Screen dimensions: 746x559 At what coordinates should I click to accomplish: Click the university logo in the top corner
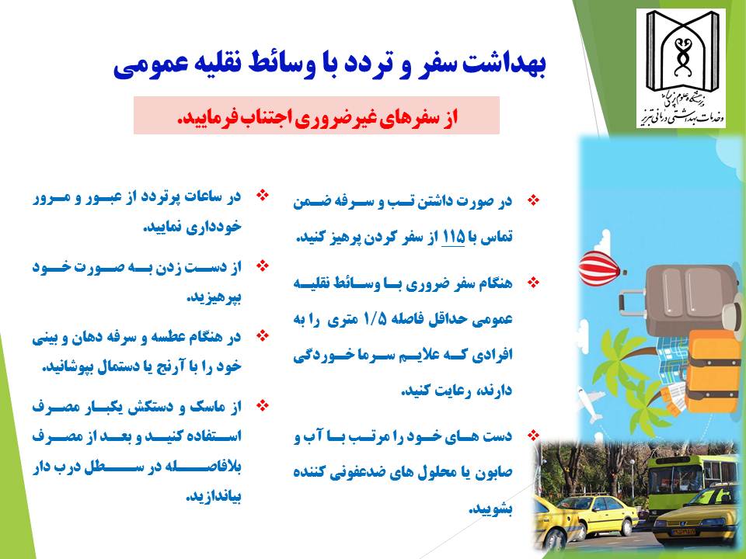point(681,68)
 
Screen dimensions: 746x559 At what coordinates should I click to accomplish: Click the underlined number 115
point(453,237)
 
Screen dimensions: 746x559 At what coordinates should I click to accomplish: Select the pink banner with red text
point(316,116)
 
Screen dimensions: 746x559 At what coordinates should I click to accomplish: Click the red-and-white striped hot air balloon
point(601,269)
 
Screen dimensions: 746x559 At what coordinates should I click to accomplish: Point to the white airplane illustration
point(590,404)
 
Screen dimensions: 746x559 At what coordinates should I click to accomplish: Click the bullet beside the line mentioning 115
point(535,200)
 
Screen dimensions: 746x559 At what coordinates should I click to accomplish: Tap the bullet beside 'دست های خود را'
point(535,435)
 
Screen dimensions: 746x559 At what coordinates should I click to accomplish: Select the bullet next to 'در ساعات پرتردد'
point(263,195)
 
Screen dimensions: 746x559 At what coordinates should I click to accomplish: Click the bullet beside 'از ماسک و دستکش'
point(263,405)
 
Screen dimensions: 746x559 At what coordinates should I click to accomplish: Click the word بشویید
point(491,509)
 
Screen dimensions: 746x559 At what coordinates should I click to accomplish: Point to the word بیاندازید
point(214,497)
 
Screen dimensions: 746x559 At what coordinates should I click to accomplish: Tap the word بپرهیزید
point(214,297)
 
